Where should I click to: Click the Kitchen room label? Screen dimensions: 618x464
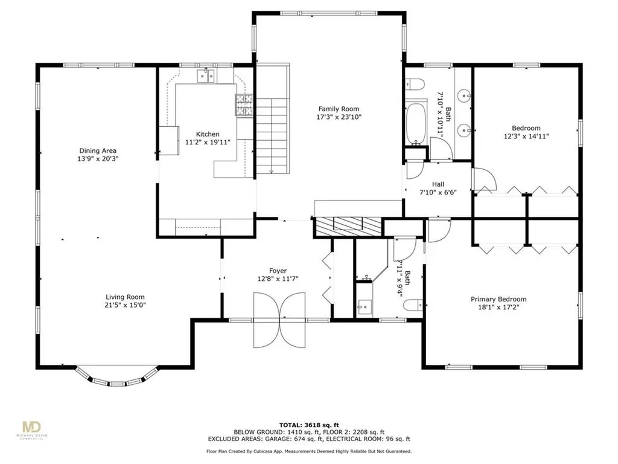click(208, 134)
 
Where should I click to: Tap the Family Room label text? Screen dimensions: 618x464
click(339, 109)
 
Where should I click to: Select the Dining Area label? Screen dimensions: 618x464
click(98, 150)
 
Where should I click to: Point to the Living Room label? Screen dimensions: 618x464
click(125, 297)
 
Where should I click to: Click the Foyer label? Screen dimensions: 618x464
click(278, 271)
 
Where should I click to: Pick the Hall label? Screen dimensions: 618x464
click(438, 184)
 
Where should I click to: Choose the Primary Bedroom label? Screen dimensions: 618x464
click(499, 299)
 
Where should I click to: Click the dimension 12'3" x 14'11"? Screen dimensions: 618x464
click(526, 137)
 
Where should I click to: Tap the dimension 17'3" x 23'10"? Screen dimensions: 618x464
click(339, 117)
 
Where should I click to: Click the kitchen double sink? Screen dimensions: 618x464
click(206, 76)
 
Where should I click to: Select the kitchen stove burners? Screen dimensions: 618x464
click(244, 105)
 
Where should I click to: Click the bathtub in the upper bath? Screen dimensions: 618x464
click(416, 124)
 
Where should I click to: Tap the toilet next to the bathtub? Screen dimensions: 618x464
click(415, 84)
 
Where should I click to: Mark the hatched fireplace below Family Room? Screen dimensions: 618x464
click(348, 227)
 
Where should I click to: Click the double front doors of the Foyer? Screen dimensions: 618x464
click(279, 320)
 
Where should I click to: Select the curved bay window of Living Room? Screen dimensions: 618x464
click(117, 378)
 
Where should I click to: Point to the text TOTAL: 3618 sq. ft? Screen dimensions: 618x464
click(309, 425)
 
